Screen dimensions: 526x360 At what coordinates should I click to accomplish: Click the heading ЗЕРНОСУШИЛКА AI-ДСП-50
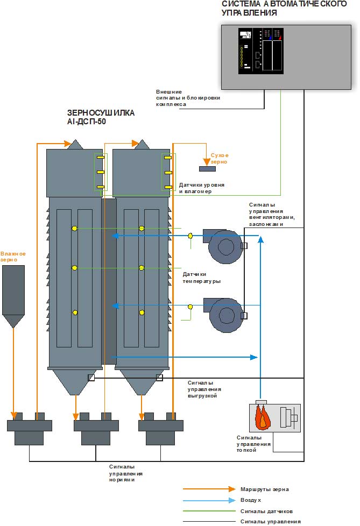[101, 117]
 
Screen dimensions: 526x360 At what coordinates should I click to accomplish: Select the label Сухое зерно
[219, 158]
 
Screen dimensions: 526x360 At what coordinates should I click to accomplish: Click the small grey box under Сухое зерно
[207, 169]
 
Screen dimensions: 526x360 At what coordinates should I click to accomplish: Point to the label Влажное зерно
[13, 257]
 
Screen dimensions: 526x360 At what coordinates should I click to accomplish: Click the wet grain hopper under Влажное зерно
[13, 293]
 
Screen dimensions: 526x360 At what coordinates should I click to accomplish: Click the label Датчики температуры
[201, 278]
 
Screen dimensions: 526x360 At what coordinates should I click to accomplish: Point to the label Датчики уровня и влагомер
[201, 188]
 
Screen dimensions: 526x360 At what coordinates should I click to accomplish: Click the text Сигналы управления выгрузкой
[204, 388]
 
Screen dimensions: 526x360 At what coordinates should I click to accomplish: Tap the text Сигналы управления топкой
[253, 444]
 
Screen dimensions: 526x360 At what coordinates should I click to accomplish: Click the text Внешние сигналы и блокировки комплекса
[188, 98]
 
